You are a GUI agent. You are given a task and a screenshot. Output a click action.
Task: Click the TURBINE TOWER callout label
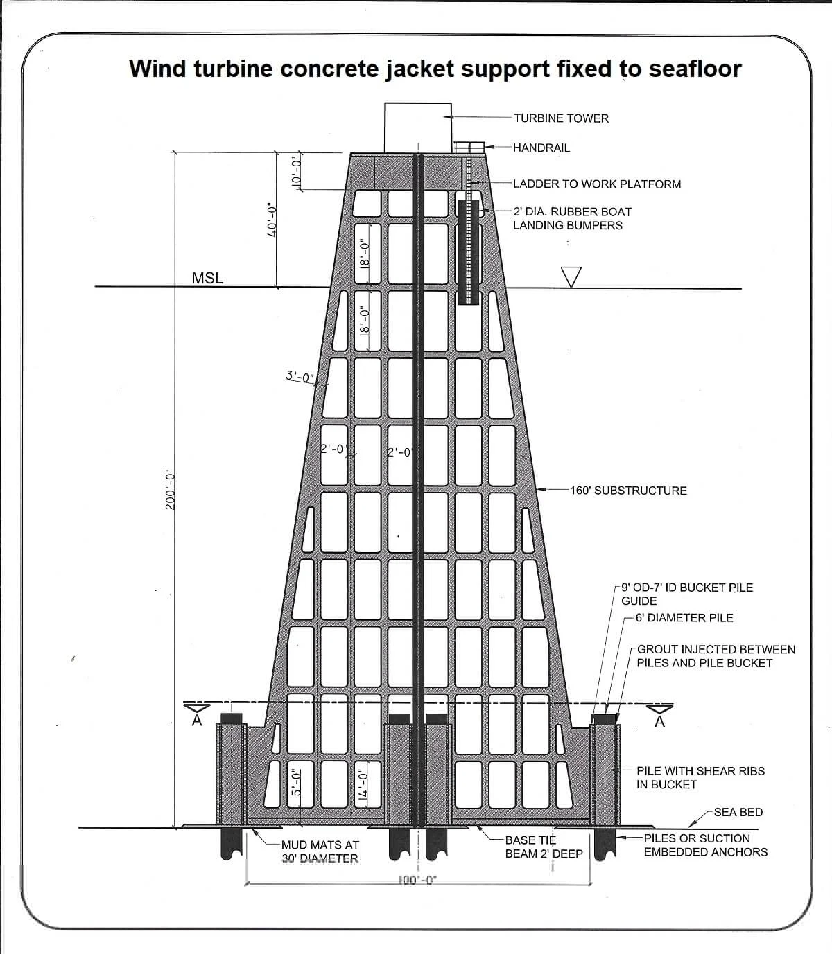coord(561,118)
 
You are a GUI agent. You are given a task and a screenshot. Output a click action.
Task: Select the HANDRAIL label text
coord(541,148)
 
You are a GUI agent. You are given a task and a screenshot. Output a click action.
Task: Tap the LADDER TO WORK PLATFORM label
coord(597,184)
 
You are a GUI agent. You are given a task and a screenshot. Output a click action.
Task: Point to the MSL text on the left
coord(207,279)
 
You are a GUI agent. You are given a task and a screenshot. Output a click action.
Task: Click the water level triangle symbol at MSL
coord(571,276)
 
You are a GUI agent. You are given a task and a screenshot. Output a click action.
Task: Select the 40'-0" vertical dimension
coord(272,220)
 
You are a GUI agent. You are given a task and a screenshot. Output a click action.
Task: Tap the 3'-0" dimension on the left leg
coord(300,378)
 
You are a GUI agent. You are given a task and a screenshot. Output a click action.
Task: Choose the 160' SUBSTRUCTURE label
coord(628,491)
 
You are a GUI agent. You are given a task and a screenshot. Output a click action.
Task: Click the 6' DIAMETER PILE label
coord(684,617)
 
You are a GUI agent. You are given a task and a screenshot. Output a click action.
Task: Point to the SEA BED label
coord(738,812)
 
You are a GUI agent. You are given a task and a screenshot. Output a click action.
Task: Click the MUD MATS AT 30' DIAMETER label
coord(320,851)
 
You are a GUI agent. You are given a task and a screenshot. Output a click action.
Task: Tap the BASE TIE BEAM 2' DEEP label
coord(544,847)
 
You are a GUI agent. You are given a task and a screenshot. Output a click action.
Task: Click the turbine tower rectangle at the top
coord(417,126)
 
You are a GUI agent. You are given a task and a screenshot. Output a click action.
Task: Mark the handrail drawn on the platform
coord(469,147)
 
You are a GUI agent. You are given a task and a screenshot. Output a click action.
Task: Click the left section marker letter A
coord(197,721)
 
